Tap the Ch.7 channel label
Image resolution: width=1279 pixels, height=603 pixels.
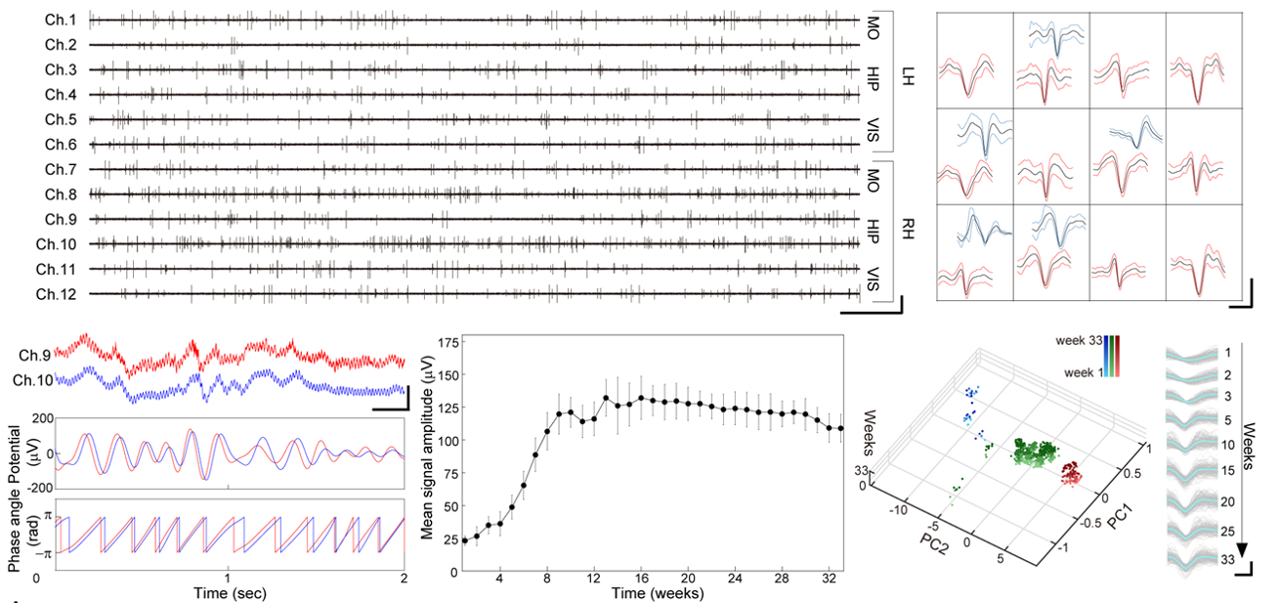point(61,169)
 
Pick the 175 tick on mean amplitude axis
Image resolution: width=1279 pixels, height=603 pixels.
point(449,343)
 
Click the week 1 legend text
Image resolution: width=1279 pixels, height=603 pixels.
point(1080,373)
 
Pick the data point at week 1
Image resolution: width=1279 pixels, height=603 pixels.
point(466,540)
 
